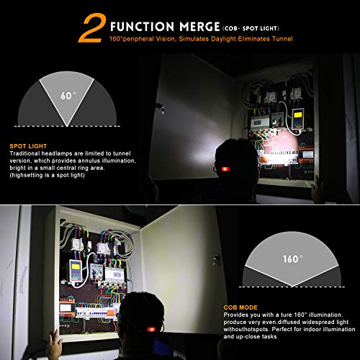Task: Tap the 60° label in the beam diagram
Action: [67, 94]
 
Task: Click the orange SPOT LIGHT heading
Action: [27, 145]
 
